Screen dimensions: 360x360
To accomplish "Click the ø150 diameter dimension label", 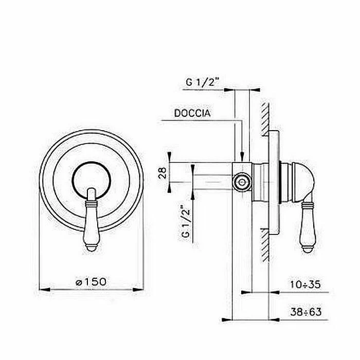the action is click(91, 282).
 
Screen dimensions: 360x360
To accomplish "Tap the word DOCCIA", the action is click(192, 113).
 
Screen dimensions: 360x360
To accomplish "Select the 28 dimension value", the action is click(163, 173).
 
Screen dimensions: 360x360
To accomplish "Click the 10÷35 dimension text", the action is click(305, 284).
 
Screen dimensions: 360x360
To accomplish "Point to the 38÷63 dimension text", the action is click(306, 312).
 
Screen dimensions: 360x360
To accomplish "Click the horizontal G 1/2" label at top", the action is click(203, 82).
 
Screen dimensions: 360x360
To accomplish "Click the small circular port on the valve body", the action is click(242, 183).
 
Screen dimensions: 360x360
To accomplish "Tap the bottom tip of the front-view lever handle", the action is click(92, 251).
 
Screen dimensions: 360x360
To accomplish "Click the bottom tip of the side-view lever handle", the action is click(308, 252).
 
